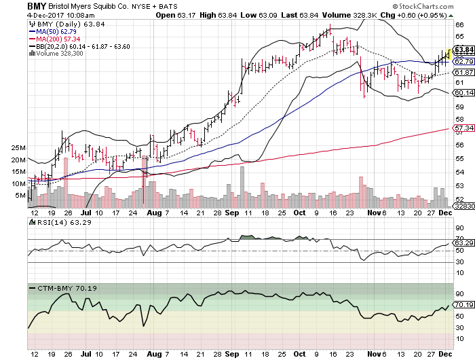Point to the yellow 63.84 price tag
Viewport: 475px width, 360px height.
(x=463, y=50)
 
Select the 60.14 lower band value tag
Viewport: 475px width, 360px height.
(x=463, y=93)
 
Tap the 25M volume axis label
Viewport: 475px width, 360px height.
(x=18, y=148)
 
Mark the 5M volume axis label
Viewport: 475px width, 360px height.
(x=20, y=196)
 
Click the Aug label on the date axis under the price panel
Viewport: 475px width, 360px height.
(x=154, y=213)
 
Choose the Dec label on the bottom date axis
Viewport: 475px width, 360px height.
(x=444, y=355)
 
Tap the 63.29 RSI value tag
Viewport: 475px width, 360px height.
(x=463, y=243)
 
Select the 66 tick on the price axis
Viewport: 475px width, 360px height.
(x=459, y=24)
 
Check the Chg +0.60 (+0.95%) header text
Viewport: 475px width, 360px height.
(x=438, y=14)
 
